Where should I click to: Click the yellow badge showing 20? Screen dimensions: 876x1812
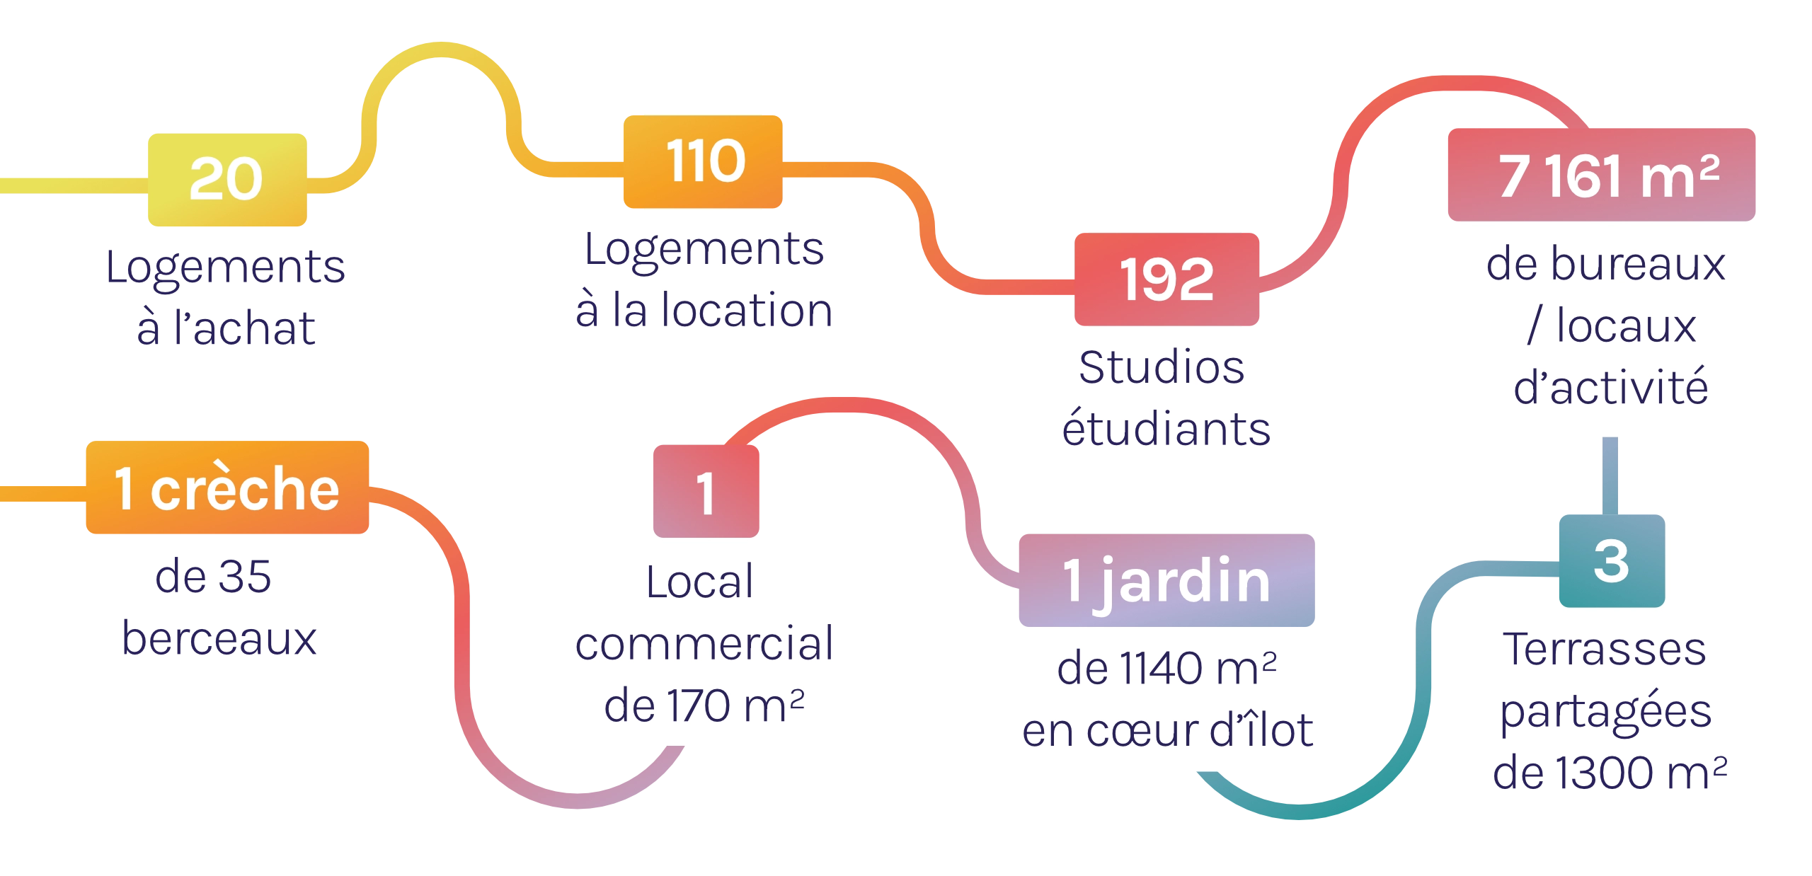[228, 179]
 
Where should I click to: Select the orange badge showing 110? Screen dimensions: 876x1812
[704, 161]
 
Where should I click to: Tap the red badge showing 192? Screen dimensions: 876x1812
[1167, 279]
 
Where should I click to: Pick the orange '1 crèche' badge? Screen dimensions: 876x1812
[228, 488]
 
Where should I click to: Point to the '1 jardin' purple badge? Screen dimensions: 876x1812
[1166, 580]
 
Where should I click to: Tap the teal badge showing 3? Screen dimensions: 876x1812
[1611, 560]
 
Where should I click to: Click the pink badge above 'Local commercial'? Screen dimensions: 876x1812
[706, 492]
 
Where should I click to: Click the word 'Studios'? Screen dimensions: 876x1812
[1162, 368]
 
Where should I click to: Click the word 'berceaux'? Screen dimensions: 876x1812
[217, 639]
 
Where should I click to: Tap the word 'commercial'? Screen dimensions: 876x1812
[704, 644]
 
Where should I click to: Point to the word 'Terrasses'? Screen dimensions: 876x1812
[1605, 650]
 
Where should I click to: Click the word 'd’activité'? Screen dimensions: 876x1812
[1610, 387]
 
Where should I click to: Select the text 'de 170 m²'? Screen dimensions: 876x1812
[704, 705]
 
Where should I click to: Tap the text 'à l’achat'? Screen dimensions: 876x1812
[226, 328]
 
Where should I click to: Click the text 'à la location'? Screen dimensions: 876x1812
[703, 311]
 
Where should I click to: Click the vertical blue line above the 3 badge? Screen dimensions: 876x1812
[1610, 476]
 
